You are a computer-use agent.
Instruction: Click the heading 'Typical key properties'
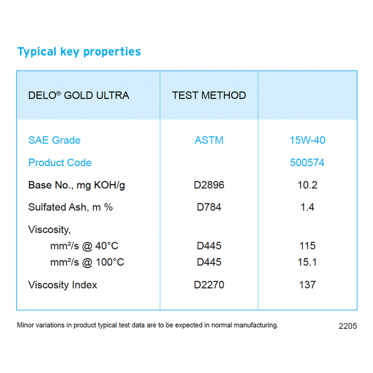click(79, 52)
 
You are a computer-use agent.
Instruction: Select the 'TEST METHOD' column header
click(209, 95)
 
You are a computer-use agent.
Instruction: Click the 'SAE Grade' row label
click(55, 140)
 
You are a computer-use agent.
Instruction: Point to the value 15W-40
click(307, 140)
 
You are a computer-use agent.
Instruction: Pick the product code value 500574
click(307, 162)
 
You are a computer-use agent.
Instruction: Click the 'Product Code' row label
click(60, 162)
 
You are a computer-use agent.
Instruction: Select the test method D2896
click(209, 185)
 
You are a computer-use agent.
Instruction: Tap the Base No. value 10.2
click(307, 185)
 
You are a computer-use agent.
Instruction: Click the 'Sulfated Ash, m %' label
click(70, 207)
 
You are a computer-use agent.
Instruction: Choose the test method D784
click(209, 207)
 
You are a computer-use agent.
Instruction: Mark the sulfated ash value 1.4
click(307, 207)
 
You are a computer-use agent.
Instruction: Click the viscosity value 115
click(307, 246)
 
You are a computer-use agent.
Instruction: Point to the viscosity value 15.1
click(307, 262)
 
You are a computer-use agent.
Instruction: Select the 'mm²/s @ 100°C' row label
click(87, 262)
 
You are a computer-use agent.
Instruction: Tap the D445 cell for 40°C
click(209, 246)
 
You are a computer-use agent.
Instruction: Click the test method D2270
click(209, 285)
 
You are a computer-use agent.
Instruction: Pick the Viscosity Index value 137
click(307, 285)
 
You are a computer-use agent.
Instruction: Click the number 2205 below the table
click(348, 326)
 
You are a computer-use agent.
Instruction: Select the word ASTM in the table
click(209, 140)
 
